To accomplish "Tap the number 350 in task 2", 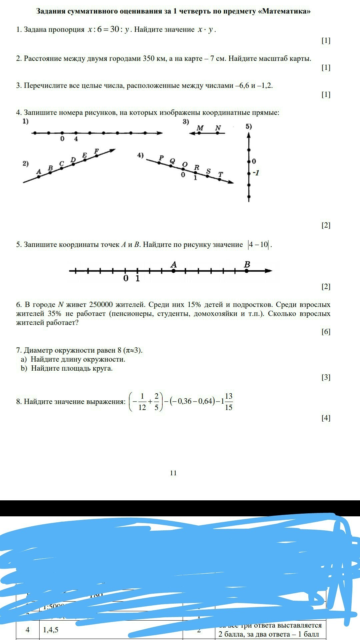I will click(149, 59).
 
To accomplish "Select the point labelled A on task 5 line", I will click(173, 271).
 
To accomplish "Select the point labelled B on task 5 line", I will click(247, 271).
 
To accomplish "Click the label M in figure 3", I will click(200, 128).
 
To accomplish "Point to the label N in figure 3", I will click(218, 128).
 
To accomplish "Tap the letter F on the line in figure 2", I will click(97, 151).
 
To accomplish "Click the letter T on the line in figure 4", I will click(220, 174).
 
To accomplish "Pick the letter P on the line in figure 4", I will click(162, 157).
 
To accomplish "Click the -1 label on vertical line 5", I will click(256, 173).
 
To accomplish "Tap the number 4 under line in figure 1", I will click(76, 139).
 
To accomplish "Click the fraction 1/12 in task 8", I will click(142, 402).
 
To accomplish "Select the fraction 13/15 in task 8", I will click(228, 402).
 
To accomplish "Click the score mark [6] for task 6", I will click(326, 332).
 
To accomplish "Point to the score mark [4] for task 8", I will click(326, 418).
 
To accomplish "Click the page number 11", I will click(173, 473).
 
